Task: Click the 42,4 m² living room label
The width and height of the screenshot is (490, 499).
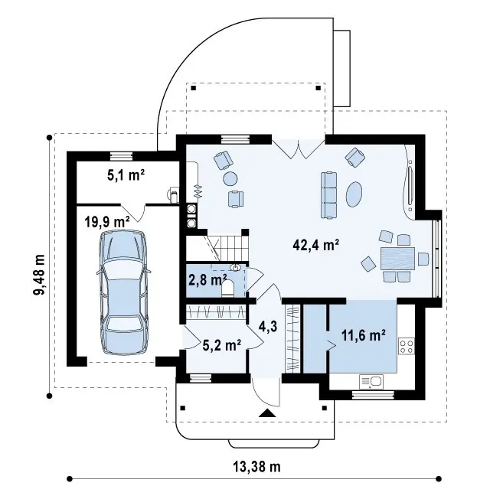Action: tap(316, 246)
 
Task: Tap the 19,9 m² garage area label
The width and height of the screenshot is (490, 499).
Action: tap(107, 221)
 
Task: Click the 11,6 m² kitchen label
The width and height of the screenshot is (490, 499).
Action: tap(364, 335)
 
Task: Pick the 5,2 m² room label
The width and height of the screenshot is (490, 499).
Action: tap(222, 344)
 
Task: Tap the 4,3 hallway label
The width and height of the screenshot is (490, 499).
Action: tap(269, 327)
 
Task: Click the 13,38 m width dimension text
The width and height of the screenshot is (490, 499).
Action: tap(257, 467)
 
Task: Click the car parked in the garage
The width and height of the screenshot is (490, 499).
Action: tap(123, 292)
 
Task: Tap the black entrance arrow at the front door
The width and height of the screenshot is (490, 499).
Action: tap(267, 413)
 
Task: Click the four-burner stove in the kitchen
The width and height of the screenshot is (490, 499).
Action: tap(407, 346)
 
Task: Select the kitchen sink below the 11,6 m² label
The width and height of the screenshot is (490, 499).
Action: tap(371, 382)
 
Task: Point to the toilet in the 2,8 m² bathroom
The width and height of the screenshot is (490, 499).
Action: tap(228, 288)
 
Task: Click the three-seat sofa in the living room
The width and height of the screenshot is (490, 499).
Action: tap(329, 195)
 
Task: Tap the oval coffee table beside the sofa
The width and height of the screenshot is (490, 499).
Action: tap(354, 194)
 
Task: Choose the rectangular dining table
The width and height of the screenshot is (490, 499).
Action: tap(397, 259)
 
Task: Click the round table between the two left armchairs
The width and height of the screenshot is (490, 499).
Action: tap(230, 178)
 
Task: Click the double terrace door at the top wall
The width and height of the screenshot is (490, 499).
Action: tap(299, 149)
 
